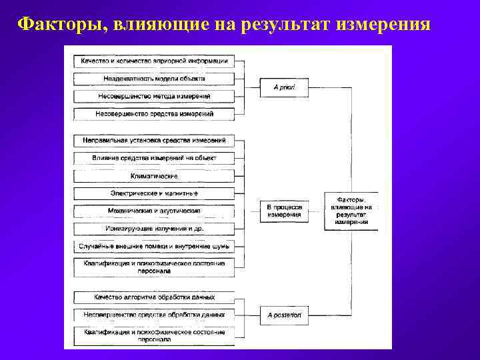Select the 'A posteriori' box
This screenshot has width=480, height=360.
[284, 314]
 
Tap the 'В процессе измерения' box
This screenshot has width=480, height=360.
[284, 211]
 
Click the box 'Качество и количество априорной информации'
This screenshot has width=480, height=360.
[154, 61]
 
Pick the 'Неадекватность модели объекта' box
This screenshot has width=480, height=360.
[154, 79]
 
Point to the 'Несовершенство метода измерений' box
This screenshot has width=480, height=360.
[154, 96]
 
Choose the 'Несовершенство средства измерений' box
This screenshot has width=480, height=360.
[154, 114]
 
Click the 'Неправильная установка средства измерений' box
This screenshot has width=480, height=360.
[154, 141]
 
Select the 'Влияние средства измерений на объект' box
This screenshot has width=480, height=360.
[154, 158]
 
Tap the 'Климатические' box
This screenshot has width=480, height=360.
[154, 176]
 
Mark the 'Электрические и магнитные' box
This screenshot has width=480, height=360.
[154, 193]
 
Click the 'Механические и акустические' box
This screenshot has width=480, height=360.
[154, 211]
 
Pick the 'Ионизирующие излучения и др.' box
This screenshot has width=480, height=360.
[154, 229]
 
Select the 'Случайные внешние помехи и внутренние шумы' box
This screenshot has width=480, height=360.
[154, 246]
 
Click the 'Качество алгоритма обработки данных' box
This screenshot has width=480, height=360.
[154, 297]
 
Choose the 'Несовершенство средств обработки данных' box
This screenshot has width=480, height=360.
[154, 314]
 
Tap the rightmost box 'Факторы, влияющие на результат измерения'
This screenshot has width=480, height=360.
[351, 211]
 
